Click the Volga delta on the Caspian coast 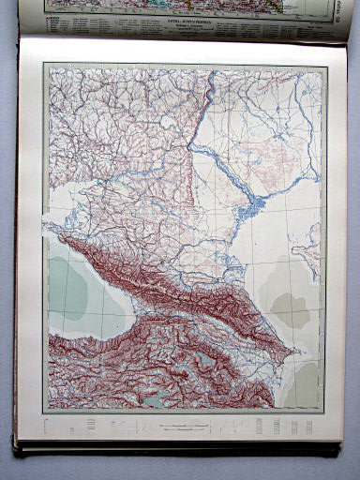[246, 217]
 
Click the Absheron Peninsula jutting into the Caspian [297, 352]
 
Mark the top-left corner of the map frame [44, 63]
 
